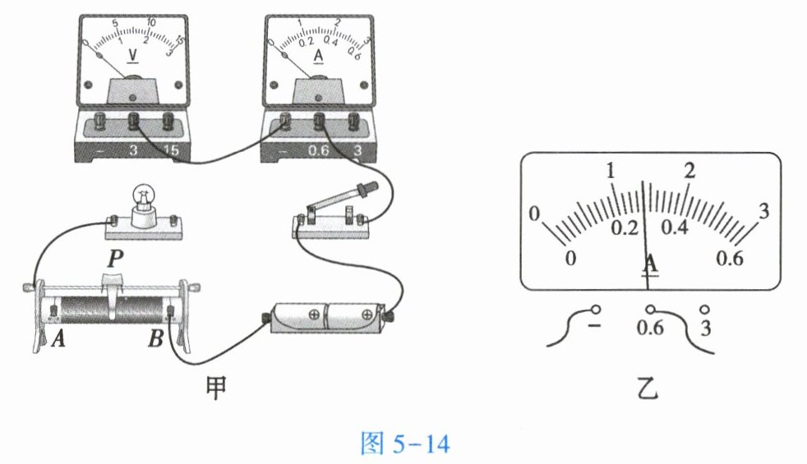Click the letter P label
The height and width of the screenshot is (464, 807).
point(115,259)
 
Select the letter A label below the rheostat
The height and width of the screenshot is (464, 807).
point(58,338)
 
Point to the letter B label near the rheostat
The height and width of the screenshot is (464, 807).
point(155,338)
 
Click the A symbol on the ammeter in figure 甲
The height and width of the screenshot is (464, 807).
point(319,56)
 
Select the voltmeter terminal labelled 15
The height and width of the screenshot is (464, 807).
point(168,121)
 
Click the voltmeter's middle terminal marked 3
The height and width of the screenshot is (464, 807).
point(134,121)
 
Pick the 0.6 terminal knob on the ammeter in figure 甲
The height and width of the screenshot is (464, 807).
point(319,121)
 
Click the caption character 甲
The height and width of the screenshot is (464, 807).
point(215,388)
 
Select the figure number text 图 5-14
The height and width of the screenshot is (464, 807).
point(404,443)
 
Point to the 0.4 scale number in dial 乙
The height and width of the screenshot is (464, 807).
point(675,227)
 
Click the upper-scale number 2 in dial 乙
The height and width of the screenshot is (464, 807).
point(689,170)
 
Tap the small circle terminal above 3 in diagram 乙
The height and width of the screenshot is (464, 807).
point(705,309)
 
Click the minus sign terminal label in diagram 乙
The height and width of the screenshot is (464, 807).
point(594,326)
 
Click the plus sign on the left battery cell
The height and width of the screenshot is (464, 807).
point(314,314)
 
